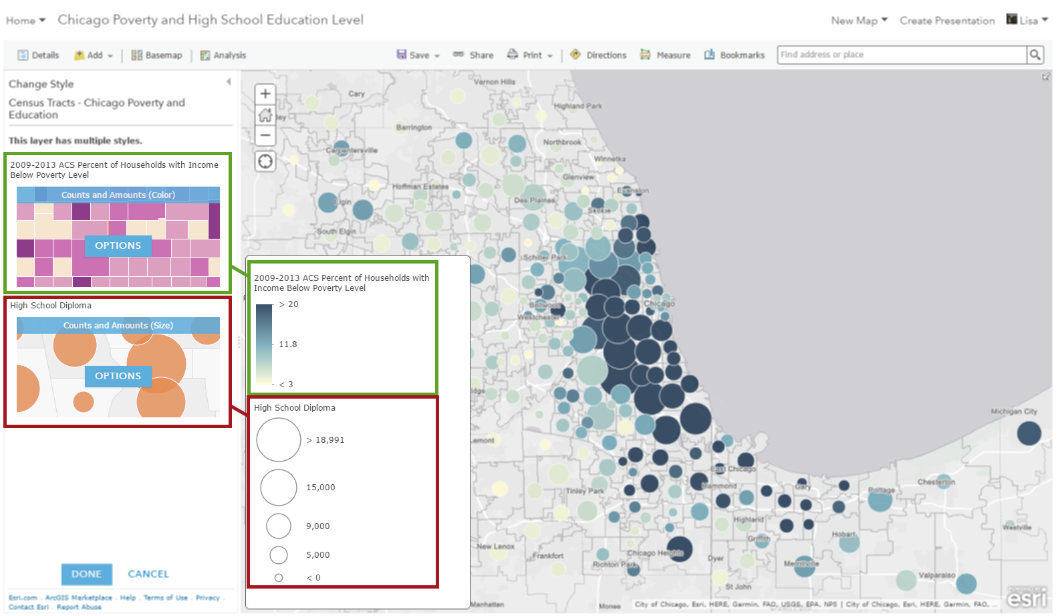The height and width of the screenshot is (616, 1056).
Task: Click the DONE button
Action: [86, 574]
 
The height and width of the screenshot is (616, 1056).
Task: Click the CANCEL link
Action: [148, 574]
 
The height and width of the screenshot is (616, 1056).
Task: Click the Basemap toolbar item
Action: [157, 56]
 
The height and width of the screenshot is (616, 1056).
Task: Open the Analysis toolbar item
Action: [223, 56]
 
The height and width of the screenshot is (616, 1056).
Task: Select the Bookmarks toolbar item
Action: [735, 56]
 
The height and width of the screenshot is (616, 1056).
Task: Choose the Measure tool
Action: [666, 56]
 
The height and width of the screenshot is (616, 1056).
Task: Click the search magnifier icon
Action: [1035, 55]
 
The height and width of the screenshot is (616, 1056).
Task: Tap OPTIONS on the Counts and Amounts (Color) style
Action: [118, 245]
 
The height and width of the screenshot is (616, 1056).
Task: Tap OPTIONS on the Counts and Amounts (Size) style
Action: [118, 376]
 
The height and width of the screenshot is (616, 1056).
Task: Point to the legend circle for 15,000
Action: [279, 487]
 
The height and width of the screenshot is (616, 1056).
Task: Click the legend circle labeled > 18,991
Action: [279, 440]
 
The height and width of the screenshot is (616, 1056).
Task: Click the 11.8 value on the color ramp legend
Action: [288, 344]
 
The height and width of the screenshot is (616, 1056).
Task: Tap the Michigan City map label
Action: [1014, 411]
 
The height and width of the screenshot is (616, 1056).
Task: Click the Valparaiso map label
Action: [936, 575]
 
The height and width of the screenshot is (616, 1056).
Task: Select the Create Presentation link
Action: [947, 21]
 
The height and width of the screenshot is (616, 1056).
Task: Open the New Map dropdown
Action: [859, 21]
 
